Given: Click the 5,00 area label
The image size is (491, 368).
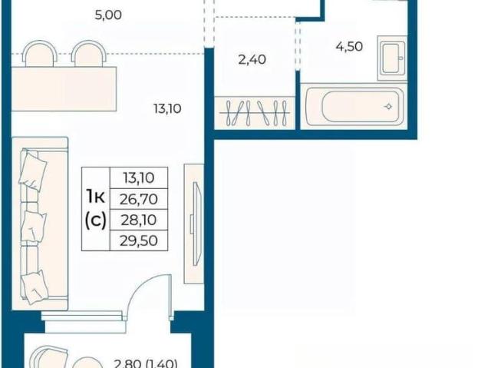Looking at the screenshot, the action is click(x=108, y=15).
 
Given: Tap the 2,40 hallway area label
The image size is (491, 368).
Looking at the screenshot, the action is click(x=252, y=59).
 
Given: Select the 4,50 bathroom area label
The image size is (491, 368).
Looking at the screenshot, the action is click(x=349, y=47).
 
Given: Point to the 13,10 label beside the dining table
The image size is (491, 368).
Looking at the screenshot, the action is click(x=167, y=109).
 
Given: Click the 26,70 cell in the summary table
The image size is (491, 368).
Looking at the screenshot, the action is click(x=139, y=199).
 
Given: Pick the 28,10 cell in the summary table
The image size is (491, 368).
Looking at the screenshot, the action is click(x=139, y=220).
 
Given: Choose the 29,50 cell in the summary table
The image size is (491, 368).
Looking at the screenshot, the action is click(x=139, y=240).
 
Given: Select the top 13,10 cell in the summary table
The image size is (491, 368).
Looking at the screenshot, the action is click(x=139, y=178).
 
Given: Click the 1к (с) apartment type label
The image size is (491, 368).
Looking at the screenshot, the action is click(x=96, y=209).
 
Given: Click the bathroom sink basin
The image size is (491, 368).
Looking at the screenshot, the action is click(x=392, y=58).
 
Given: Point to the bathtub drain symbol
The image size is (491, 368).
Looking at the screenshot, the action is click(x=388, y=107).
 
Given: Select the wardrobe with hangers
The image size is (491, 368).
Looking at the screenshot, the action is click(x=255, y=113).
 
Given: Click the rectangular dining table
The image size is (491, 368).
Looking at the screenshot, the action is click(x=64, y=88).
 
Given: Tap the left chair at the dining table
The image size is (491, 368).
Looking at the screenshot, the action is click(x=41, y=53).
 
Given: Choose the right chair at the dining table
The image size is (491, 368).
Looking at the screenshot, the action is click(x=89, y=53).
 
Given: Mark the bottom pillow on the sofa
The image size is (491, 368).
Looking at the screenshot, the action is click(x=35, y=287).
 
